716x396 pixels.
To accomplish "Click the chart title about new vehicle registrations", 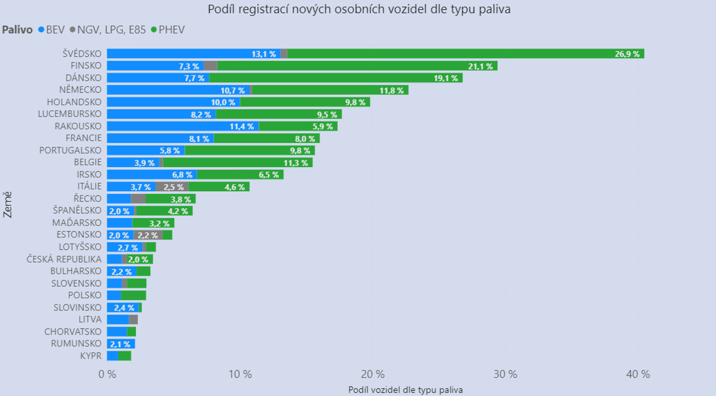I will (x=359, y=10).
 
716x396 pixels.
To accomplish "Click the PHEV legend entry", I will (x=168, y=30).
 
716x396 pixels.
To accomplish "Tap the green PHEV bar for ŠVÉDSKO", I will (x=447, y=54).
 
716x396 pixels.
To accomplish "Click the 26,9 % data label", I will (x=627, y=54).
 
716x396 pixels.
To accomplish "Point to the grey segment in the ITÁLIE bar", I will (x=172, y=187).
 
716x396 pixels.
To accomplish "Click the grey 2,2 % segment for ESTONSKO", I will (x=148, y=235).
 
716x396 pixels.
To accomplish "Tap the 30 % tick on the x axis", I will (x=505, y=374).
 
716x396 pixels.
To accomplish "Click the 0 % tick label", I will (x=107, y=374).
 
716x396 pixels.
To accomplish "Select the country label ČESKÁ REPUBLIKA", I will (x=64, y=259).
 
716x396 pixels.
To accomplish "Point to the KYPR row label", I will (x=91, y=356).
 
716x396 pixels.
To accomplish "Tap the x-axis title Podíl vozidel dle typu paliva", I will (x=405, y=390).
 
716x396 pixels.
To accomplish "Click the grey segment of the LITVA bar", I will (x=133, y=320).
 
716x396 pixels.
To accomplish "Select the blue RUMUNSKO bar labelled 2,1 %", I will (x=121, y=344).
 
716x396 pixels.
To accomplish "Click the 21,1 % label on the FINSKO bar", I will (x=480, y=66).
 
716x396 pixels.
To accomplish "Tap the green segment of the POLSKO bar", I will (x=133, y=296).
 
